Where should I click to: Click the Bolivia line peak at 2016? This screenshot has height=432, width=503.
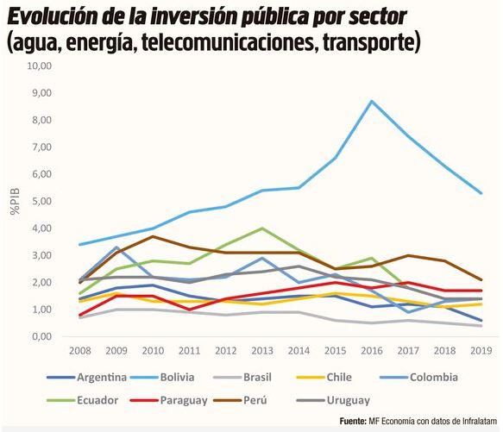pyautogui.click(x=372, y=101)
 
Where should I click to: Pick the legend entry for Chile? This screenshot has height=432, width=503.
pyautogui.click(x=362, y=377)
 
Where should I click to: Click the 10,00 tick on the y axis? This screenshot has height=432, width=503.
pyautogui.click(x=41, y=66)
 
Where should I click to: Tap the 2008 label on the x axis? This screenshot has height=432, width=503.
pyautogui.click(x=80, y=352)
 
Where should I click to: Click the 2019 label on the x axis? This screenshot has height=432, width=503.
pyautogui.click(x=481, y=352)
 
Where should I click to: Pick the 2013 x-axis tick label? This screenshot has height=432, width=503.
pyautogui.click(x=262, y=352)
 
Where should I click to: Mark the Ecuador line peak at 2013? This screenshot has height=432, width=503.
pyautogui.click(x=262, y=229)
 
